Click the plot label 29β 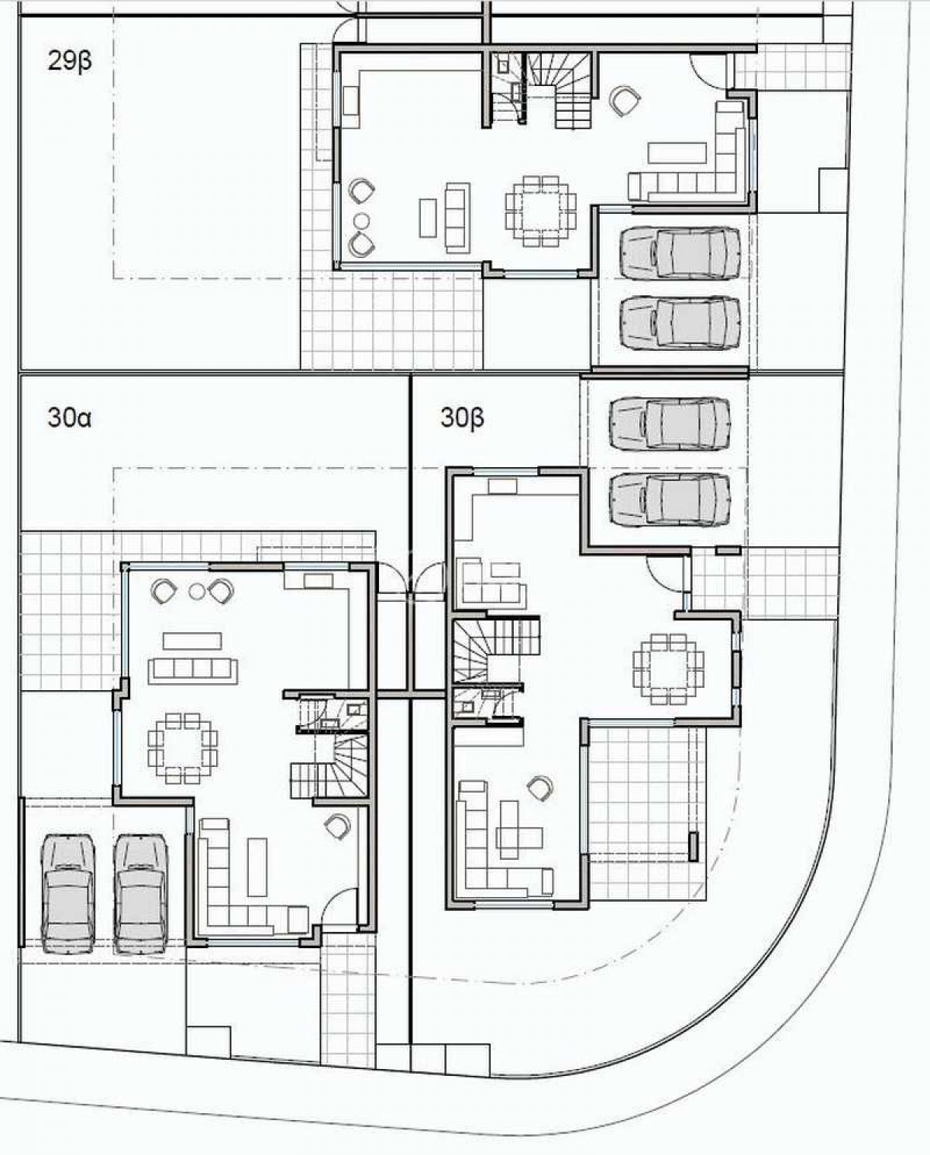[x=70, y=61]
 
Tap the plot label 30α [x=69, y=417]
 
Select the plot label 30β [x=463, y=418]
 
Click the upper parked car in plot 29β [x=680, y=253]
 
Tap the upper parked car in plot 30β [x=670, y=424]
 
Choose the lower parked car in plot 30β [x=670, y=499]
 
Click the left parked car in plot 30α [x=68, y=894]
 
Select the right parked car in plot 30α [x=141, y=894]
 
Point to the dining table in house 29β [x=541, y=211]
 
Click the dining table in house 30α [x=183, y=748]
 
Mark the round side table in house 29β [x=362, y=221]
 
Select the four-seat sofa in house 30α [x=193, y=671]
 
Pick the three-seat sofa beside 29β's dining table [x=457, y=218]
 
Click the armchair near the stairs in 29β [x=625, y=101]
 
